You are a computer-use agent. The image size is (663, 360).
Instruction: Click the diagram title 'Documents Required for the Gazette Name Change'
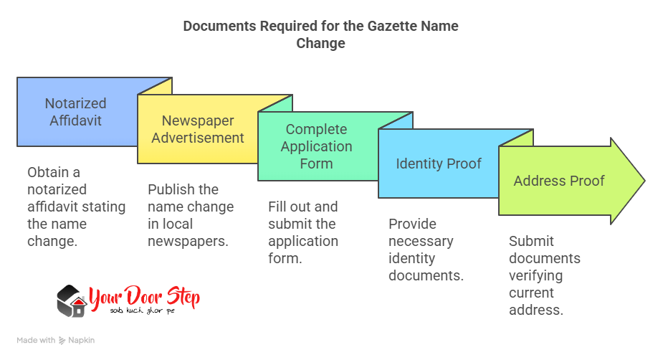(x=320, y=34)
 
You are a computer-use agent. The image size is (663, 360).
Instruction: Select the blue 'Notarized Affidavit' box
(x=75, y=112)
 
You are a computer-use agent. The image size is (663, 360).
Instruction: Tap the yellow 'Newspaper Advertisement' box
(x=197, y=129)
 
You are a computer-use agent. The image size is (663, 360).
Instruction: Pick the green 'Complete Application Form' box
(x=316, y=146)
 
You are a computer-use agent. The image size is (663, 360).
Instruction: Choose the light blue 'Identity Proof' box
(x=439, y=164)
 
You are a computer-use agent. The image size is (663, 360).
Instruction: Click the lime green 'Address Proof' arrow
(x=559, y=181)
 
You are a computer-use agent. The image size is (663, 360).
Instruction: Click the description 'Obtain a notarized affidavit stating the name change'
(x=76, y=207)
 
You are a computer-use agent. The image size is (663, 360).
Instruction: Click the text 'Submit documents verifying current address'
(x=545, y=275)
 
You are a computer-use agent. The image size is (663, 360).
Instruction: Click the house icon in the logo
(x=71, y=301)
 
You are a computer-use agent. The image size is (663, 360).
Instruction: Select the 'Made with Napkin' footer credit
(x=56, y=341)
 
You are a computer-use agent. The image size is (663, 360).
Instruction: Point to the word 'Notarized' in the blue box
(x=75, y=103)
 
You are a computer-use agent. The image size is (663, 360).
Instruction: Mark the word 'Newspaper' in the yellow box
(x=197, y=120)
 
